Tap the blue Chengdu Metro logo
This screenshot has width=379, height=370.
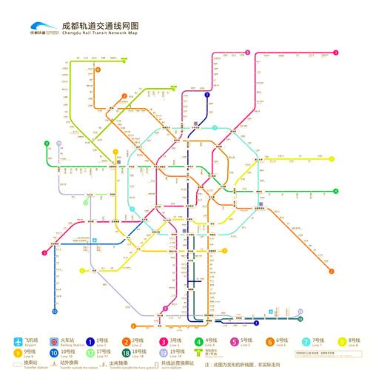(43, 28)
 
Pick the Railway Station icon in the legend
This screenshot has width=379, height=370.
(54, 341)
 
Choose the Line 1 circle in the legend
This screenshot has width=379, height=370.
(90, 341)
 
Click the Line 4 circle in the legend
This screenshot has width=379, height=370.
(198, 341)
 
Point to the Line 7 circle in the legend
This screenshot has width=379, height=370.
(306, 341)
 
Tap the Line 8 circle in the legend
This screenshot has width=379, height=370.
(342, 341)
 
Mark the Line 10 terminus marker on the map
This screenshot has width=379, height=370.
(54, 310)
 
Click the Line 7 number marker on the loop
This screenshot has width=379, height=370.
(215, 127)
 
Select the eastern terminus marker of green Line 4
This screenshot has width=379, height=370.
(335, 191)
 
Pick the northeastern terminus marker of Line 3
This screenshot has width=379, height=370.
(335, 53)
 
